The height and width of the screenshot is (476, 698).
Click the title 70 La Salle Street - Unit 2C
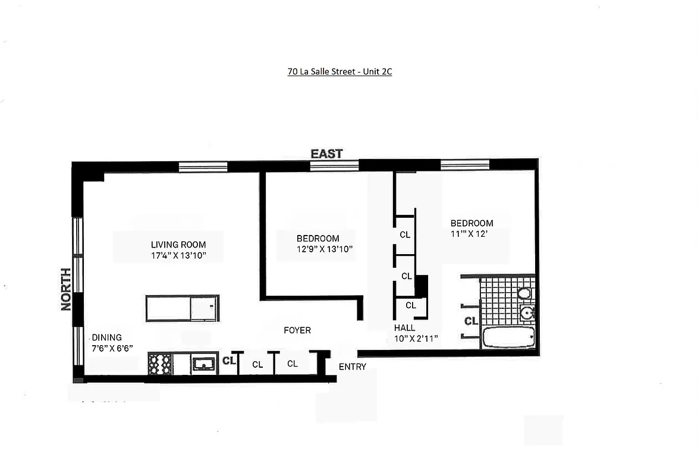coord(339,72)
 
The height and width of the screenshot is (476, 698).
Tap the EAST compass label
coord(326,154)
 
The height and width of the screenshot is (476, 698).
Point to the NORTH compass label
coord(66,289)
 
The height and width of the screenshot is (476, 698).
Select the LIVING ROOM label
coord(178,245)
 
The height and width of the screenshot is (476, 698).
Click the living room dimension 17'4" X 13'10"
coord(178,256)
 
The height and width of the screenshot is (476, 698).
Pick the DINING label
coord(106,337)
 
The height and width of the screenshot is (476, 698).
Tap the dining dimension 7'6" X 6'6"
coord(112,349)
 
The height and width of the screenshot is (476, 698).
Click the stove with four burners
coord(160,364)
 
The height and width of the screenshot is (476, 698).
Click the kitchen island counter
coord(183,308)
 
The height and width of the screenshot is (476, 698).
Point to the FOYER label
coord(297,330)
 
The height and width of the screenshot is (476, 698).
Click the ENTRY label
coord(353,367)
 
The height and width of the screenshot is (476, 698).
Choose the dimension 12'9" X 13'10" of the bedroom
coord(325,249)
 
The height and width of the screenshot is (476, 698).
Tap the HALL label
coord(405,328)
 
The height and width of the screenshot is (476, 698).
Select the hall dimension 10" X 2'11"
coord(416,339)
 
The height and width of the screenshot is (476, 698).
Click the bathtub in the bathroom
coord(508,337)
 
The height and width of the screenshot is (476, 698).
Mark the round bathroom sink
coord(526,313)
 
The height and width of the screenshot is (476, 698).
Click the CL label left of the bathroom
coord(471,321)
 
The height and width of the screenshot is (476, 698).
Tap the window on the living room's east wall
coord(203,167)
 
